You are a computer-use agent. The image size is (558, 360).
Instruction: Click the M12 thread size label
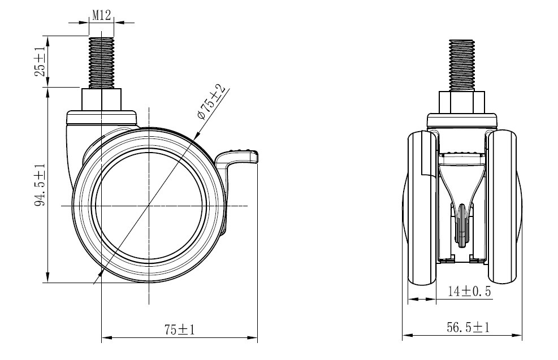point(102,15)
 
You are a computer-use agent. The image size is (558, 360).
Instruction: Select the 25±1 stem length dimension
point(40,61)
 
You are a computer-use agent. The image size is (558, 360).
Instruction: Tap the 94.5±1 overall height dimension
point(40,185)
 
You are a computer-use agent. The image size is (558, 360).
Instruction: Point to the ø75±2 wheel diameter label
point(212,102)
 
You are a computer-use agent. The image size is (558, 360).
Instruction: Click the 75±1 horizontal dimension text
point(180,329)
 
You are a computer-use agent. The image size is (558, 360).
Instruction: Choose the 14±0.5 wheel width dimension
point(469,292)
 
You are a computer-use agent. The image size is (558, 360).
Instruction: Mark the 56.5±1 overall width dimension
point(468,327)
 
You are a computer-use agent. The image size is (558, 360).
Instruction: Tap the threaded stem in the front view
point(461,66)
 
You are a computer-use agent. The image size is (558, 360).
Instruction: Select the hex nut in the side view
point(102,100)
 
